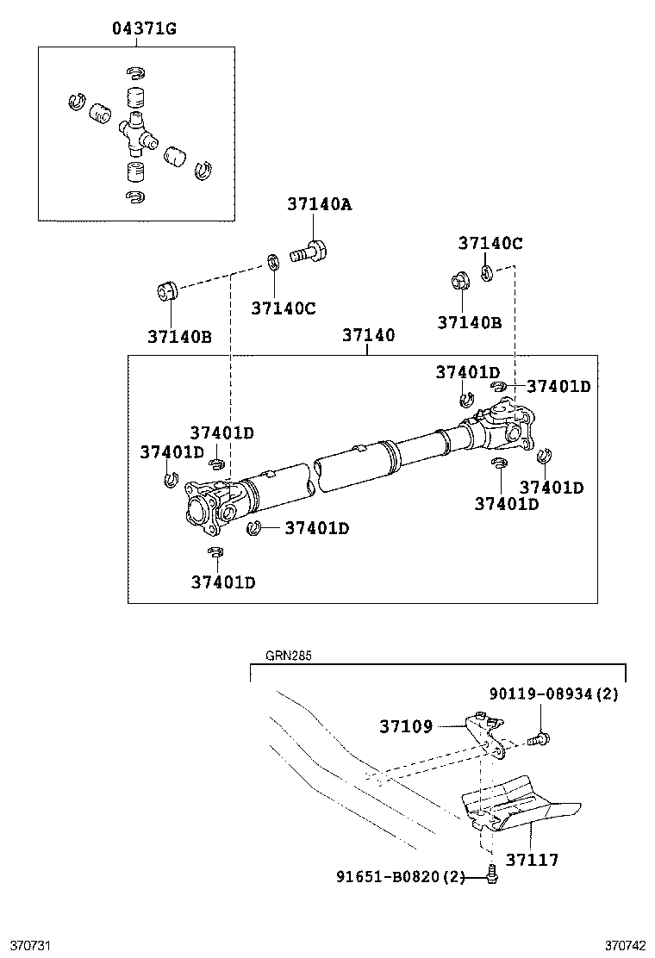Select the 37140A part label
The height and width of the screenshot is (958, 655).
click(321, 205)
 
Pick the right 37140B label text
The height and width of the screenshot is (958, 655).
click(469, 323)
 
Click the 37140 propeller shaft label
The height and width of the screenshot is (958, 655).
click(368, 335)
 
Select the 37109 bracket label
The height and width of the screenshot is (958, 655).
click(406, 726)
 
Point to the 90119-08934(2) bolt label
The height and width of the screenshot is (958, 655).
click(553, 694)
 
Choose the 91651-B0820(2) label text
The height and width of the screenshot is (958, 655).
click(400, 877)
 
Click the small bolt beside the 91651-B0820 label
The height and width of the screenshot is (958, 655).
click(492, 874)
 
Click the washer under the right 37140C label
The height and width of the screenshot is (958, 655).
click(487, 274)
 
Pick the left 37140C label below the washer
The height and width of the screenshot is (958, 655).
click(284, 308)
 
